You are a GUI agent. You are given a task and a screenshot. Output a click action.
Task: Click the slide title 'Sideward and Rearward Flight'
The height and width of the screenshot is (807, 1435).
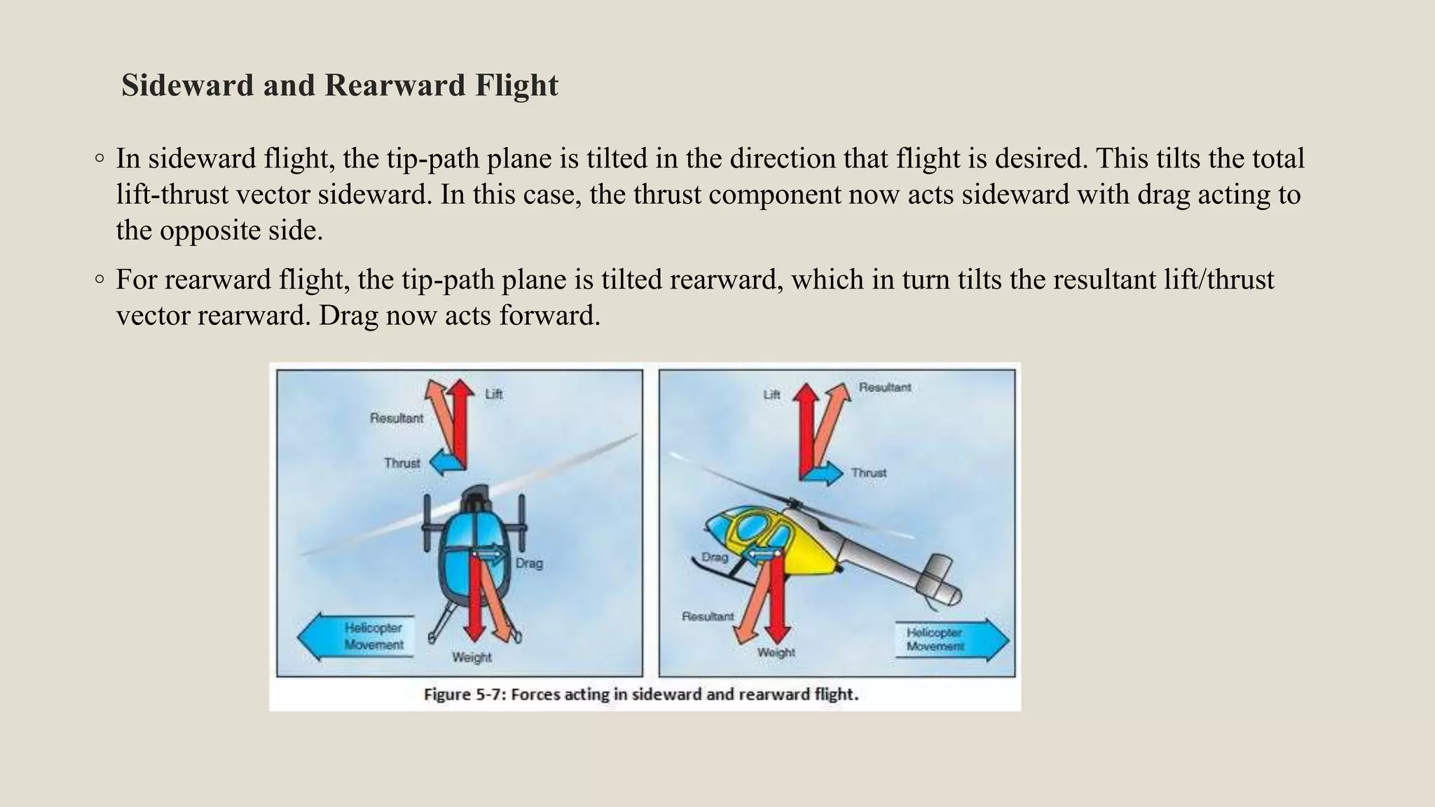[339, 85]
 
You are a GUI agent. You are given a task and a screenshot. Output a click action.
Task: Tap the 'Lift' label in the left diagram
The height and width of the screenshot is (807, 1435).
[493, 394]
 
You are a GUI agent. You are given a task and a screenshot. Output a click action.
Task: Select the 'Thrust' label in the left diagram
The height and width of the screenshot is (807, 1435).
[401, 463]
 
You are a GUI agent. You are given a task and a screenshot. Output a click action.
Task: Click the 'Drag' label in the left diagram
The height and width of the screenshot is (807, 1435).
[529, 563]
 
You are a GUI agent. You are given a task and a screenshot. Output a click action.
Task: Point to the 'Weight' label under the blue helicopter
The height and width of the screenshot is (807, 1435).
[472, 657]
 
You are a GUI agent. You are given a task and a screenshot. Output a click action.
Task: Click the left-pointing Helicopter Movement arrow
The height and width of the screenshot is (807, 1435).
[356, 637]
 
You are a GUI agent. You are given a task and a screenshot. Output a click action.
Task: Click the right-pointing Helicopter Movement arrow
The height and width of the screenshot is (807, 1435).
[952, 640]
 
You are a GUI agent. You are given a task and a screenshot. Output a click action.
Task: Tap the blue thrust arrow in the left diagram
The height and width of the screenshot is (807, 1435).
[446, 463]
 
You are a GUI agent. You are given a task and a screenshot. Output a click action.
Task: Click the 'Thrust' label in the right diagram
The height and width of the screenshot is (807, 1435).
[869, 474]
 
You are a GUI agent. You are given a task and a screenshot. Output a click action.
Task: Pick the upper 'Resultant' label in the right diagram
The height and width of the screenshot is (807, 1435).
[885, 387]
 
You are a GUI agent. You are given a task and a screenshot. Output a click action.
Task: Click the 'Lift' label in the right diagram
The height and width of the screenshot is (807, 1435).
[771, 395]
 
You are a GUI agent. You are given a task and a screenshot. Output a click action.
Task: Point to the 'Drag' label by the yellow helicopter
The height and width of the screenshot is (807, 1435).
[715, 558]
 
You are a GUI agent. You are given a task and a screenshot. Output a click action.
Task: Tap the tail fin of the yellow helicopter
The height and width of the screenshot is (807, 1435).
[939, 581]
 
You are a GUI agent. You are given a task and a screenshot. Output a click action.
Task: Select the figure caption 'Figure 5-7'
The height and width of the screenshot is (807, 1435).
[640, 695]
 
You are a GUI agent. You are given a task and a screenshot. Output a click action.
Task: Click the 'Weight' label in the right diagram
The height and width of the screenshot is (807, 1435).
[776, 653]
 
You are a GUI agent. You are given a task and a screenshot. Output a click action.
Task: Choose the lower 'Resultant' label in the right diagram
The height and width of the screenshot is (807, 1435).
[708, 616]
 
